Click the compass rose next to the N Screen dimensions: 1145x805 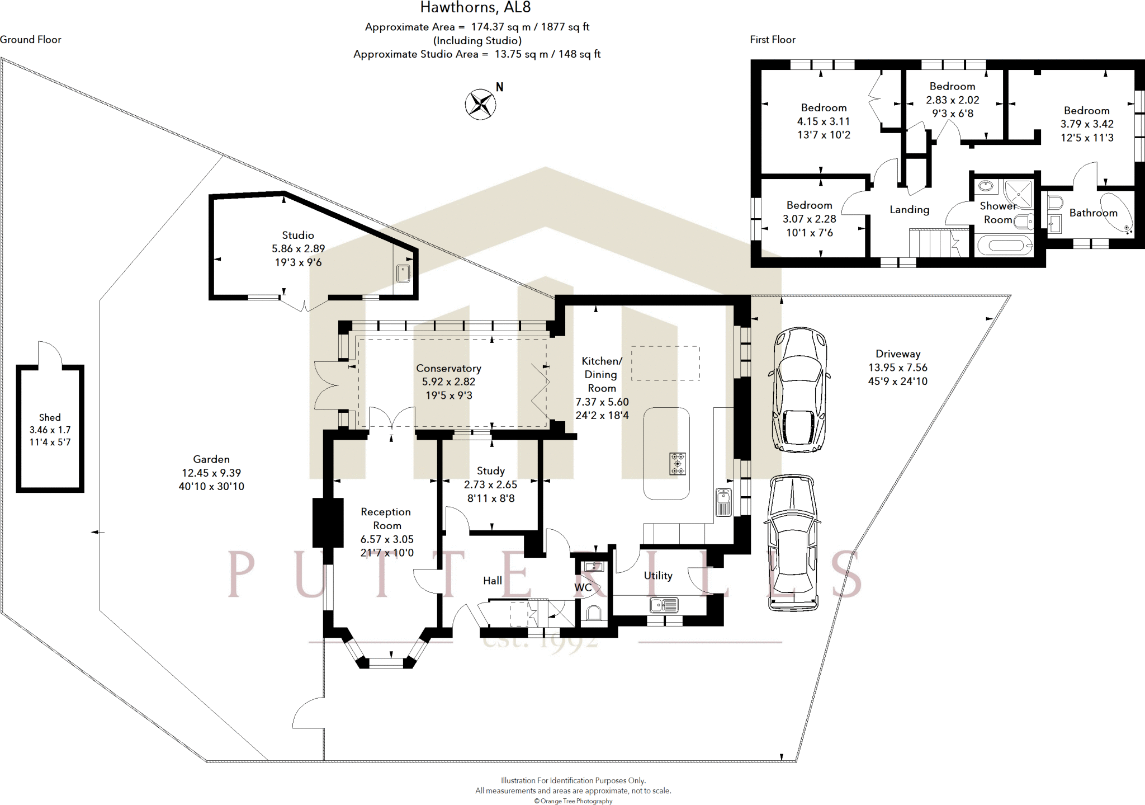click(480, 104)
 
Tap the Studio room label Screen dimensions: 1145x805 click(298, 236)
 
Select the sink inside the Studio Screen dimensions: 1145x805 click(403, 274)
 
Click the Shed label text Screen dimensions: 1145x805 click(50, 417)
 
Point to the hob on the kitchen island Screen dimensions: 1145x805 click(678, 464)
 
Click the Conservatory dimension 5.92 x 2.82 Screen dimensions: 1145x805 click(448, 382)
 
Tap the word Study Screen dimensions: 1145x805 click(491, 471)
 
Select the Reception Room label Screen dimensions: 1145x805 click(386, 519)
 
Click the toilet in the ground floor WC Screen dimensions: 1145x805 click(593, 614)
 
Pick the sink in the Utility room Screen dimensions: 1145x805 click(664, 605)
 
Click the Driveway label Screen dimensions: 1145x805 click(898, 354)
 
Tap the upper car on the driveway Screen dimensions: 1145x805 click(799, 389)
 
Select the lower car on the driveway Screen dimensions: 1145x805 click(792, 543)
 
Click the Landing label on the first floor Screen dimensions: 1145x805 click(910, 210)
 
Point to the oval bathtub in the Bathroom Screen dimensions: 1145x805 click(1116, 213)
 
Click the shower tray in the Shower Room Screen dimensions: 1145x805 click(1019, 194)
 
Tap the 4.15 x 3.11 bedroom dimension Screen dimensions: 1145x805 click(824, 121)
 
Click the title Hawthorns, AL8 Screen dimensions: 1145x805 click(476, 7)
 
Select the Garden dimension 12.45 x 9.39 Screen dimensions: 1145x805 click(211, 473)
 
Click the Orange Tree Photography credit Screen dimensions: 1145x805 click(573, 801)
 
